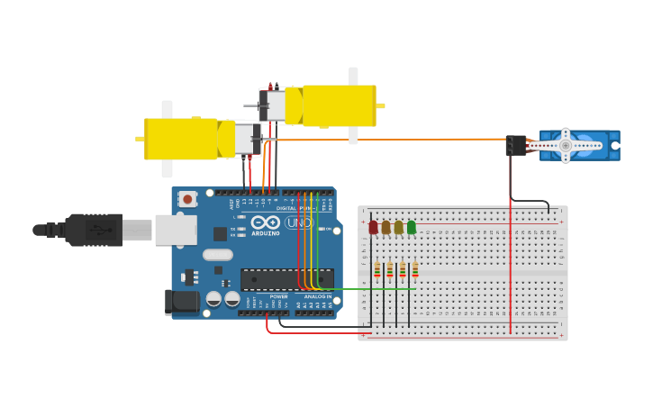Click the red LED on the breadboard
point(373,228)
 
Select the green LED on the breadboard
point(412,228)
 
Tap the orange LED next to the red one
point(385,228)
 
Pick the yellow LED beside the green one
point(399,228)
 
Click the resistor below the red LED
point(377,270)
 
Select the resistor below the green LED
point(415,270)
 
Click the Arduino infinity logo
point(266,222)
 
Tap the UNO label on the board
point(298,222)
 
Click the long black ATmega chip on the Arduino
point(286,278)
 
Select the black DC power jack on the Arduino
point(181,302)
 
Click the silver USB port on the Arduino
point(175,230)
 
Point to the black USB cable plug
point(95,230)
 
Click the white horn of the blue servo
point(566,145)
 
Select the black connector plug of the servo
point(516,145)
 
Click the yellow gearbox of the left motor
point(181,139)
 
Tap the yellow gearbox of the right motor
point(339,105)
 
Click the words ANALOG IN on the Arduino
point(317,296)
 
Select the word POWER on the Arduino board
point(278,296)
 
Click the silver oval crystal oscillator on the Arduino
point(218,255)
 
